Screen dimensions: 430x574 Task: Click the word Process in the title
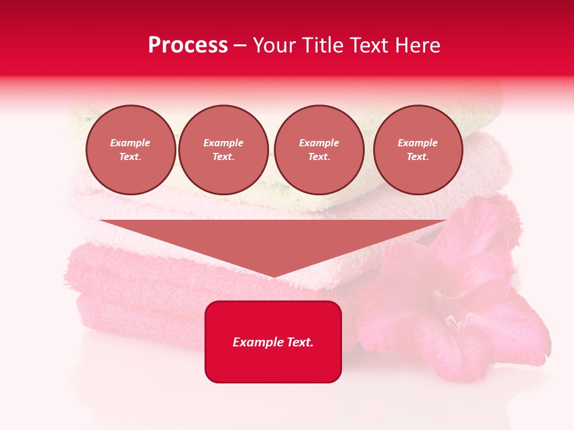(188, 45)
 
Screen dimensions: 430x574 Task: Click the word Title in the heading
(320, 45)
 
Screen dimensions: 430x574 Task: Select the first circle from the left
(130, 150)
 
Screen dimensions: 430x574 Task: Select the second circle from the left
(223, 150)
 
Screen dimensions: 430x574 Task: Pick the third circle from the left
(319, 150)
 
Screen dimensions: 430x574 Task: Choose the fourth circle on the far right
(417, 150)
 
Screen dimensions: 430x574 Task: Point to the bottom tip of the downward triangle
(273, 277)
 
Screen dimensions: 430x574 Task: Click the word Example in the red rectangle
(256, 342)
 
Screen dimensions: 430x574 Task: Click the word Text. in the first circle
(130, 157)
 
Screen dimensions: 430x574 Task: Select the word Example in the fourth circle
(417, 143)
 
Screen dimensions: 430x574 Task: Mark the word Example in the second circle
(223, 143)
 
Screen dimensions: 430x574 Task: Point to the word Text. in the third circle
(319, 157)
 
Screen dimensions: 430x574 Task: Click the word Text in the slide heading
(367, 45)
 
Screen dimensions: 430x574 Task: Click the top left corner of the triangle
(100, 221)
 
